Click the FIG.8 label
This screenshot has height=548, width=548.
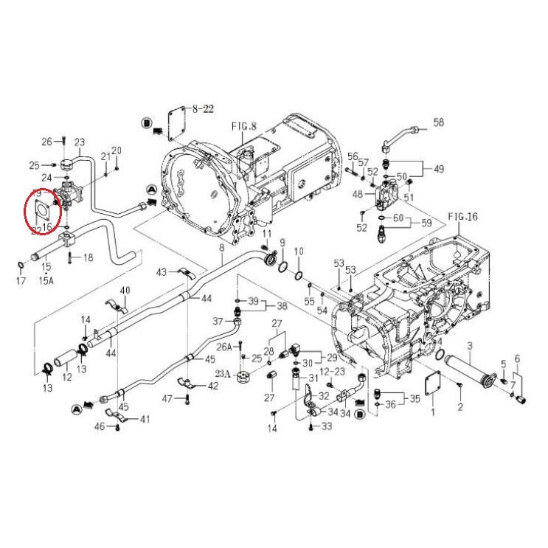[x=243, y=126]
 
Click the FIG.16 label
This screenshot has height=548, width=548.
[x=463, y=217]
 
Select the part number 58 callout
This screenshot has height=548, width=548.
[x=438, y=122]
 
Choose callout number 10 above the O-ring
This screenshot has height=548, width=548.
[x=299, y=252]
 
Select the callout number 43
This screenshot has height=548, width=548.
[x=162, y=273]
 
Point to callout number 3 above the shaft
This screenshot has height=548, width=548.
[x=469, y=346]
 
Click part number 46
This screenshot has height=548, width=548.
[x=98, y=426]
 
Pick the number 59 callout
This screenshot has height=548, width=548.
[x=426, y=223]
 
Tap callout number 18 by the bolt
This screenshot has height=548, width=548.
[x=88, y=257]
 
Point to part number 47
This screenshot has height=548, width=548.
[x=168, y=398]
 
